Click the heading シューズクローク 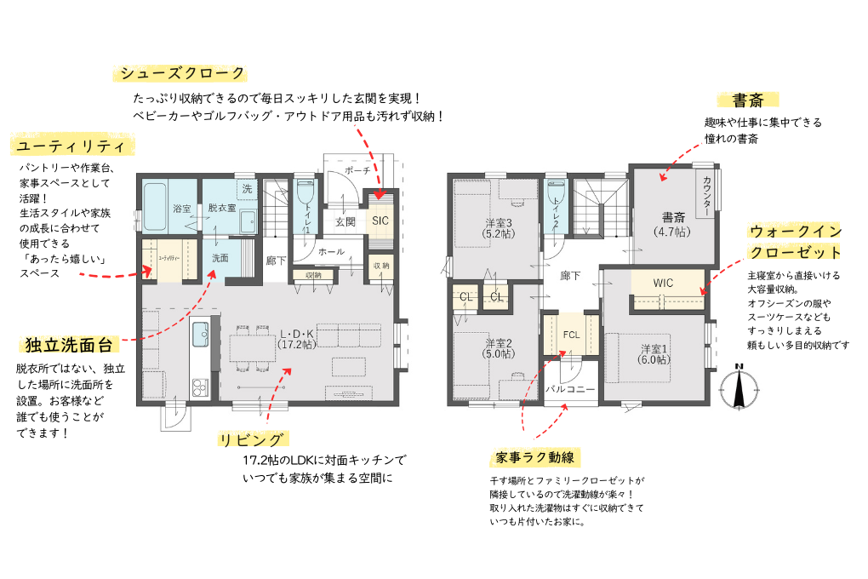[182, 73]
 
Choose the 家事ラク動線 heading [534, 458]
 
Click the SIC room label [380, 221]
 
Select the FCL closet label [570, 334]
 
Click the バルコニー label [570, 388]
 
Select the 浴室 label [181, 209]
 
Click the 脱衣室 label [221, 209]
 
